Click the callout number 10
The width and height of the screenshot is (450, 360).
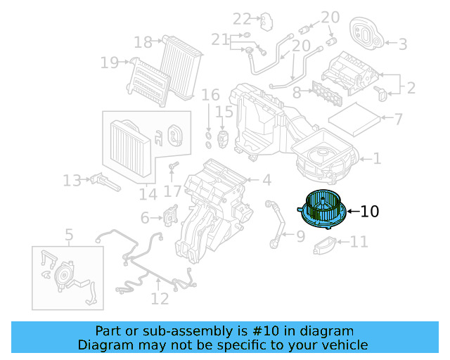pyautogui.click(x=370, y=211)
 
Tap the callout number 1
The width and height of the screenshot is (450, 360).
pyautogui.click(x=378, y=159)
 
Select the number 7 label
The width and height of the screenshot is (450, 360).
pyautogui.click(x=398, y=119)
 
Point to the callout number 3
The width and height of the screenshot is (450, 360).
pyautogui.click(x=402, y=44)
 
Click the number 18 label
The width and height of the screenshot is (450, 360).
pyautogui.click(x=143, y=43)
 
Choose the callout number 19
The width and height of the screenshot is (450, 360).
pyautogui.click(x=110, y=63)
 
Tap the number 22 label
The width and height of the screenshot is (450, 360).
pyautogui.click(x=242, y=18)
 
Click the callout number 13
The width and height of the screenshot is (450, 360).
pyautogui.click(x=72, y=181)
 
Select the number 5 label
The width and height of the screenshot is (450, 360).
pyautogui.click(x=69, y=235)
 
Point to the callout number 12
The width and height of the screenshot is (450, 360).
pyautogui.click(x=160, y=300)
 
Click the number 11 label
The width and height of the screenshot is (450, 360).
pyautogui.click(x=359, y=243)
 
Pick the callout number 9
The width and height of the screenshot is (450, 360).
pyautogui.click(x=300, y=236)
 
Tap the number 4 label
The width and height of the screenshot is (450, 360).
pyautogui.click(x=266, y=180)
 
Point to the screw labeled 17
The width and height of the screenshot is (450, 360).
pyautogui.click(x=172, y=166)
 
